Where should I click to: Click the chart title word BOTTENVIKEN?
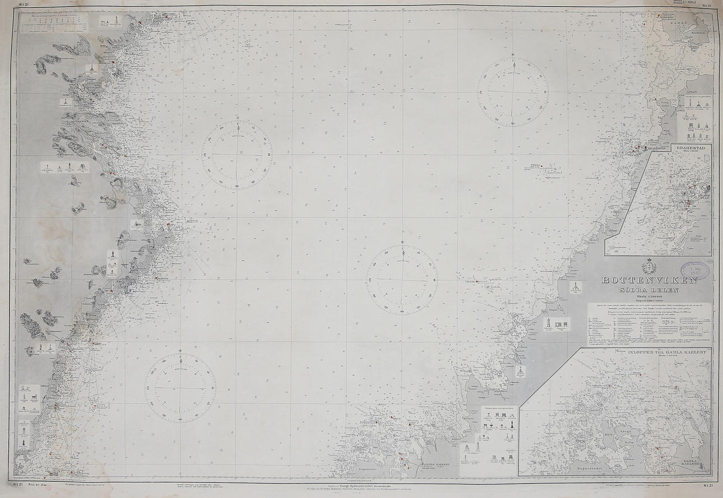click(650, 280)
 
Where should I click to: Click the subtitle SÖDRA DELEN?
click(650, 290)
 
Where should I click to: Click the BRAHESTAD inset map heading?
click(693, 148)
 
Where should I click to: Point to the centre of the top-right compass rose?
click(513, 91)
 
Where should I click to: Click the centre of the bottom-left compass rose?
click(180, 387)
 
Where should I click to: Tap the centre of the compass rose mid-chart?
click(402, 279)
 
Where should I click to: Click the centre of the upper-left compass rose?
click(237, 154)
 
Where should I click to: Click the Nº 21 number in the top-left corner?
click(24, 4)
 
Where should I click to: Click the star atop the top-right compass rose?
click(513, 54)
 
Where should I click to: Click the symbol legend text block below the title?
click(649, 325)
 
